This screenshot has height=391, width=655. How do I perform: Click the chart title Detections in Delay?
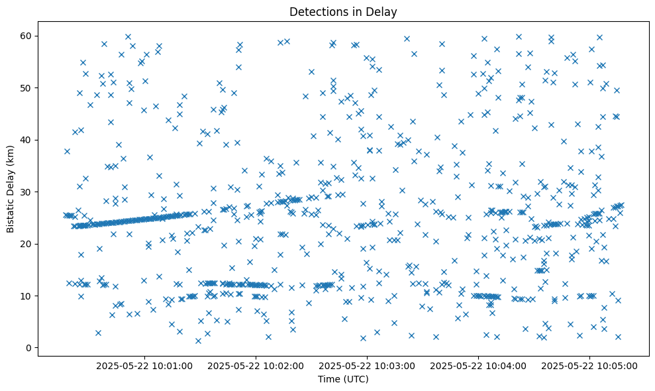point(343,11)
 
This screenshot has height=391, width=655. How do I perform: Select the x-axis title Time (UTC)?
point(343,380)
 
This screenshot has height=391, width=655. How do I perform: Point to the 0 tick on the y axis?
point(28,348)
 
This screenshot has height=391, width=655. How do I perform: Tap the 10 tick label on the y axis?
point(26,296)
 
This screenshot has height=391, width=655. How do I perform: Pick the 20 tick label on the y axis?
point(26,244)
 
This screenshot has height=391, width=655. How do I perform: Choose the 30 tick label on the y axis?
point(26,192)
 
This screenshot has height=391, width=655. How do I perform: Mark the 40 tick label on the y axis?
point(26,140)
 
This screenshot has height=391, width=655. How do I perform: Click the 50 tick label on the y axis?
point(26,87)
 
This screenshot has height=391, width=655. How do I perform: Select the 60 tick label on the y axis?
point(26,36)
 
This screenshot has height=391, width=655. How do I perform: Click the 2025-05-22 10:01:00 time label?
point(145,366)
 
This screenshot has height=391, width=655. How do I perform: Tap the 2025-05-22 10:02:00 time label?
point(256,366)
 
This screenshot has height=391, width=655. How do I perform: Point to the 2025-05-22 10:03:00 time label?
point(368,366)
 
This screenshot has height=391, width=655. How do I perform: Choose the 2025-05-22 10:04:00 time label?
point(479,366)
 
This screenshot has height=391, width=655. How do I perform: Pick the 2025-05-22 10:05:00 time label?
point(590,366)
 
